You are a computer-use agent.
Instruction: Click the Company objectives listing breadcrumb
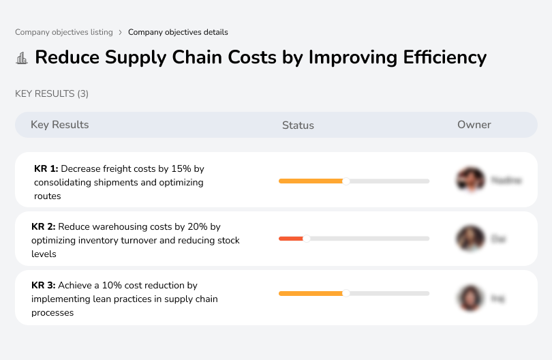pyautogui.click(x=63, y=32)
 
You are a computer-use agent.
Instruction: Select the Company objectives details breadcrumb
pyautogui.click(x=178, y=32)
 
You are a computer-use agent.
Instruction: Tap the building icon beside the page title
pyautogui.click(x=22, y=58)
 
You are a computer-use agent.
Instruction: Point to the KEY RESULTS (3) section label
pyautogui.click(x=52, y=93)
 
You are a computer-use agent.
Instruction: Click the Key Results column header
pyautogui.click(x=59, y=125)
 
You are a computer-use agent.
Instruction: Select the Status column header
pyautogui.click(x=298, y=125)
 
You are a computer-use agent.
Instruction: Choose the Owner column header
pyautogui.click(x=474, y=125)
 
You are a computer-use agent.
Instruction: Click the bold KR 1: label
pyautogui.click(x=46, y=168)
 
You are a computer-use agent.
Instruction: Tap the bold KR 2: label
pyautogui.click(x=44, y=226)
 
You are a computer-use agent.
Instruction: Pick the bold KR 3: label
pyautogui.click(x=44, y=285)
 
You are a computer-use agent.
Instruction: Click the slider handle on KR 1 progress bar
pyautogui.click(x=346, y=181)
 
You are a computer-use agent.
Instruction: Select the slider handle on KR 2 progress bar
pyautogui.click(x=306, y=239)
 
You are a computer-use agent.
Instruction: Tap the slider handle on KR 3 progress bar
pyautogui.click(x=346, y=293)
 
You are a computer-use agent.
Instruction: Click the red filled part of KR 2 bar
pyautogui.click(x=291, y=239)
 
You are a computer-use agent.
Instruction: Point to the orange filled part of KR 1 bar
pyautogui.click(x=310, y=181)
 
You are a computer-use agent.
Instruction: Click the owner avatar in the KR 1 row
pyautogui.click(x=470, y=180)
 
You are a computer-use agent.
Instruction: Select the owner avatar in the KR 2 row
pyautogui.click(x=470, y=239)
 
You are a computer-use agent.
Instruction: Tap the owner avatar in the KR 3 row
pyautogui.click(x=470, y=297)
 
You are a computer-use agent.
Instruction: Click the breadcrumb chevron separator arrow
pyautogui.click(x=120, y=32)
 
